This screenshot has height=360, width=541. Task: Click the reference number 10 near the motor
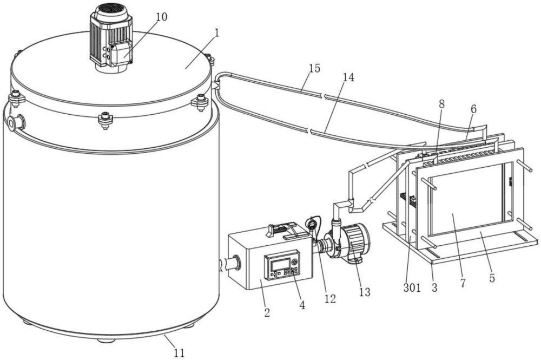pyautogui.click(x=161, y=17)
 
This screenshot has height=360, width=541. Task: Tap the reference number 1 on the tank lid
pyautogui.click(x=216, y=32)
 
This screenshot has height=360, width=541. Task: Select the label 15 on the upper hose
pyautogui.click(x=314, y=68)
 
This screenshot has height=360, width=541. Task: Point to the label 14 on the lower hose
pyautogui.click(x=348, y=77)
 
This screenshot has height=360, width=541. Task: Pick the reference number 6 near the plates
pyautogui.click(x=473, y=109)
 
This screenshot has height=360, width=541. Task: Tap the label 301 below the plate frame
pyautogui.click(x=412, y=288)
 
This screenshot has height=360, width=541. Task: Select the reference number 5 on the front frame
pyautogui.click(x=492, y=279)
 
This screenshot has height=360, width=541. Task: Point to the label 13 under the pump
pyautogui.click(x=365, y=292)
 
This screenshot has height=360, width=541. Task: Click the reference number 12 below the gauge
pyautogui.click(x=330, y=298)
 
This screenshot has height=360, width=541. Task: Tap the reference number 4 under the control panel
pyautogui.click(x=302, y=305)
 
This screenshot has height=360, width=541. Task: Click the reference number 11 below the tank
pyautogui.click(x=179, y=353)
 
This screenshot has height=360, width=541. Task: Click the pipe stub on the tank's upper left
pyautogui.click(x=16, y=122)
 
